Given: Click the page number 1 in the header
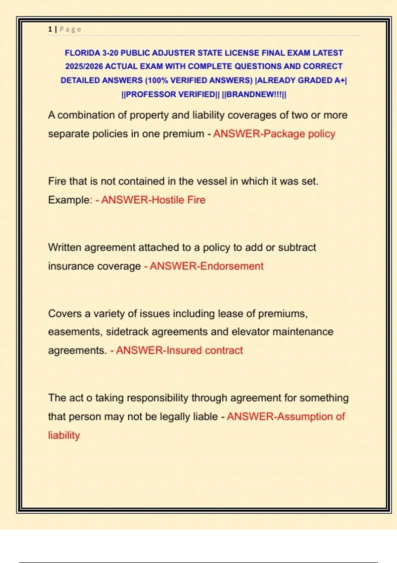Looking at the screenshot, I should [x=50, y=29].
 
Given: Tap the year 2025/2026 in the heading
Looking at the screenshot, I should [x=84, y=67].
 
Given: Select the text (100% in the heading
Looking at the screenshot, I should [x=157, y=80].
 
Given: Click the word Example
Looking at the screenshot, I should [x=69, y=200].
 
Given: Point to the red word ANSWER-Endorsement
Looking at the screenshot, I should [x=206, y=266].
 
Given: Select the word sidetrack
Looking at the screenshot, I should [x=127, y=332].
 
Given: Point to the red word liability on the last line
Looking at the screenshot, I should [x=64, y=435].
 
